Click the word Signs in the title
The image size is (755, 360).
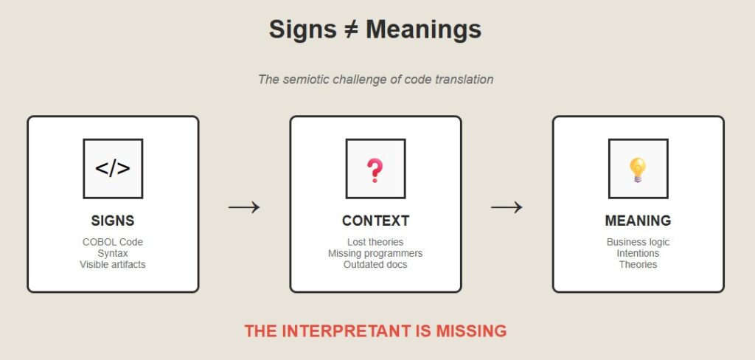pyautogui.click(x=302, y=30)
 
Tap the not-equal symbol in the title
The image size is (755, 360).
pyautogui.click(x=351, y=30)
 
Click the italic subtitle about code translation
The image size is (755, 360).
pyautogui.click(x=375, y=79)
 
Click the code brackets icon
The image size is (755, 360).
pyautogui.click(x=113, y=169)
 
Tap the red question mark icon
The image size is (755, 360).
pyautogui.click(x=375, y=170)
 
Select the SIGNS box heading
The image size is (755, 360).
pyautogui.click(x=113, y=221)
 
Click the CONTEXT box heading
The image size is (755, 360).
pyautogui.click(x=375, y=221)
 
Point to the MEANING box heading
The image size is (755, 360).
pyautogui.click(x=638, y=221)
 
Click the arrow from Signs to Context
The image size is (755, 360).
pyautogui.click(x=244, y=207)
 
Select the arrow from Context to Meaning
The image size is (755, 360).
pyautogui.click(x=507, y=207)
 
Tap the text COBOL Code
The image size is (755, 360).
pyautogui.click(x=113, y=242)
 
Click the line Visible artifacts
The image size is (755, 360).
pyautogui.click(x=113, y=264)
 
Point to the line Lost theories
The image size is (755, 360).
pyautogui.click(x=375, y=242)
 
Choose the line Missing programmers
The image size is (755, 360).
pyautogui.click(x=375, y=253)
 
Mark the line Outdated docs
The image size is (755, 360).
pyautogui.click(x=375, y=264)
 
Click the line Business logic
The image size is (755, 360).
pyautogui.click(x=638, y=242)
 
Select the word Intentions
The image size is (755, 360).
pyautogui.click(x=638, y=253)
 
